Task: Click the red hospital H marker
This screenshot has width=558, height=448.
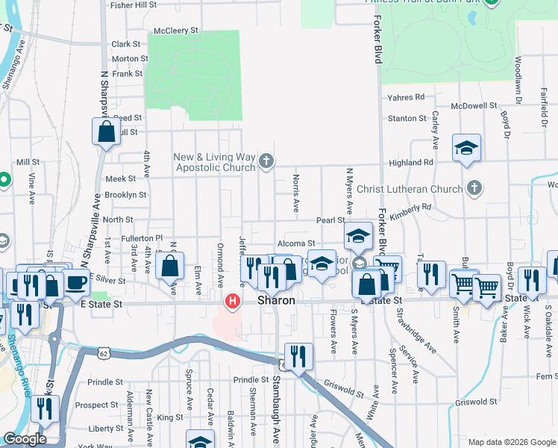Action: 233,302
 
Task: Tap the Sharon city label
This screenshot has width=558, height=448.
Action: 278,300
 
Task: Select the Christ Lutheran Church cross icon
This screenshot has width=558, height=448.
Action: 473,188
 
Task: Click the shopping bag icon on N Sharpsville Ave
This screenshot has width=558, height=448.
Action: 106,132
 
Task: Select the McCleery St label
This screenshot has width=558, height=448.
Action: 178,31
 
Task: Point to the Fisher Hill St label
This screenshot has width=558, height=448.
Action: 133,4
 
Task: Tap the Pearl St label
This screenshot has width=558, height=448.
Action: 330,220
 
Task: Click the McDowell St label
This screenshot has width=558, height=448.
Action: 479,106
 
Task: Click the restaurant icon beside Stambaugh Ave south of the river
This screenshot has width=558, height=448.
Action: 298,355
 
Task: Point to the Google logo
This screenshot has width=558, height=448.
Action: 25,440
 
